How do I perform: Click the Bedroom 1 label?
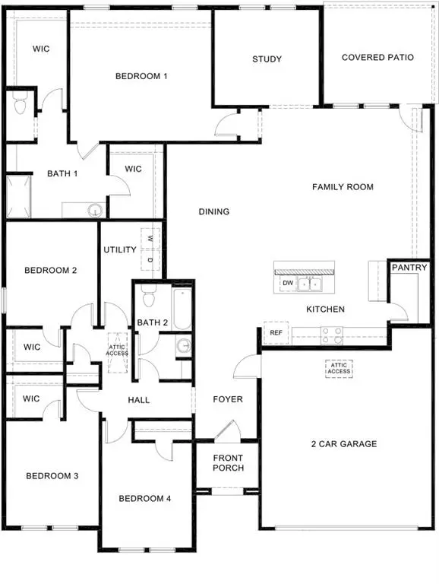coord(141,76)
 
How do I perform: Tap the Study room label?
coord(267,59)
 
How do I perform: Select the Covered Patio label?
coord(377,58)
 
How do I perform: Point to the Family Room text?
coord(343,187)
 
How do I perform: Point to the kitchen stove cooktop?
coord(332,332)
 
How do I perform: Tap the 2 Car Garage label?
coord(345,444)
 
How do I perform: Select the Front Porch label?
coord(228,462)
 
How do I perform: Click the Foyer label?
coord(227,399)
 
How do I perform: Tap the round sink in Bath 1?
coord(94,210)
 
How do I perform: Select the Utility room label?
coord(120,249)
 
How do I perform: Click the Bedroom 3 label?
coord(52,476)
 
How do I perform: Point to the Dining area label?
coord(214,211)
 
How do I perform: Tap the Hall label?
coord(139,400)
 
